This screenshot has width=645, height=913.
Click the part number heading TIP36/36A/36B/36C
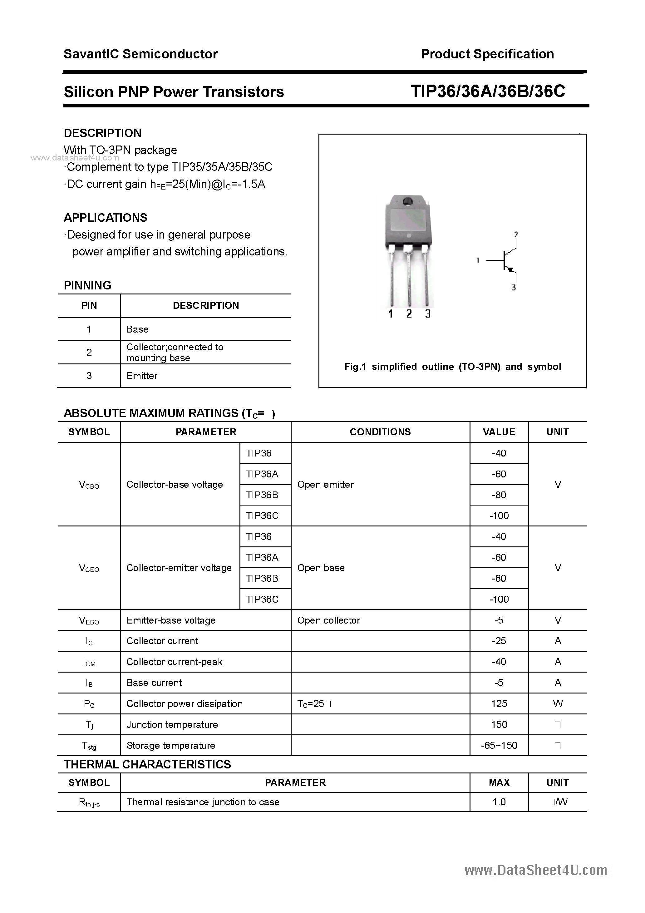tap(488, 92)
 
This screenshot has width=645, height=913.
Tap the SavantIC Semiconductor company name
tap(140, 54)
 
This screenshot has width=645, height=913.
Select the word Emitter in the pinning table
tap(142, 376)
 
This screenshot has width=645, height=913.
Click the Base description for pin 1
tap(137, 329)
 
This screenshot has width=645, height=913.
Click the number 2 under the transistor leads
tap(409, 314)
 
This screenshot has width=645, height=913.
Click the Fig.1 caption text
tap(453, 367)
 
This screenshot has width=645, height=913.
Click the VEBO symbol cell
tap(89, 621)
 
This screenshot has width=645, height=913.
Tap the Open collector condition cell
tap(328, 620)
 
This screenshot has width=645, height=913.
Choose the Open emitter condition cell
tap(325, 484)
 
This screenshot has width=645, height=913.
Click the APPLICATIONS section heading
tap(106, 218)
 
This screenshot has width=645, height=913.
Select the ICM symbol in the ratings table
tap(89, 662)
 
